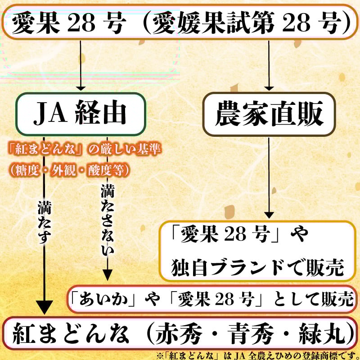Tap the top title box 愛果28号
click(180, 21)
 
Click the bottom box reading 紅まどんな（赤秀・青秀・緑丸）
click(180, 333)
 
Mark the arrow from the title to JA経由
click(81, 65)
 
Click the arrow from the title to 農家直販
click(269, 65)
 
